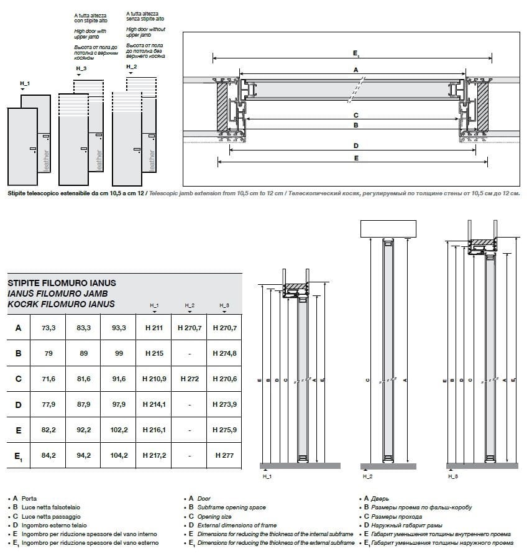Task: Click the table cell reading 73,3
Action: (x=48, y=328)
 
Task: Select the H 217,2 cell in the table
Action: (x=154, y=455)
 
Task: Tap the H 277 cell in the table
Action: (x=224, y=455)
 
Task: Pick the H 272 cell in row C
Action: (x=189, y=379)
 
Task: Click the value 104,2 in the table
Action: (x=118, y=455)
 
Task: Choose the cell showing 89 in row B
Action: (x=83, y=353)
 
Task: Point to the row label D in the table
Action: (x=19, y=404)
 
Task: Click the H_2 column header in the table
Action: (x=189, y=305)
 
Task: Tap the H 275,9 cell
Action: (x=224, y=430)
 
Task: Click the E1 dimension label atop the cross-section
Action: (x=355, y=55)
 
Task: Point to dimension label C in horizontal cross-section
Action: (x=355, y=115)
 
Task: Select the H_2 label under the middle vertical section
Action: (x=367, y=476)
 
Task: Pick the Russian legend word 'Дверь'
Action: (x=380, y=499)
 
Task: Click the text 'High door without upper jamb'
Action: (x=145, y=32)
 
